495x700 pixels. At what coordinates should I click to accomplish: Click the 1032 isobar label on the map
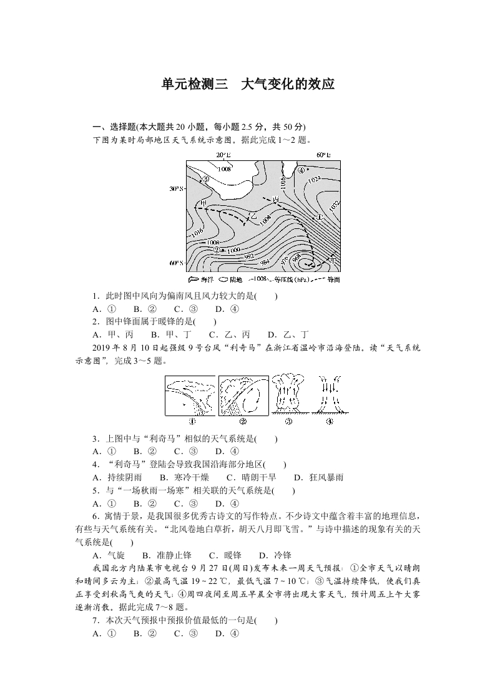(x=335, y=205)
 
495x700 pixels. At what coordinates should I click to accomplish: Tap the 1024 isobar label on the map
(x=314, y=179)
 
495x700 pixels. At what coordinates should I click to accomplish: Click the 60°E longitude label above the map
(x=323, y=155)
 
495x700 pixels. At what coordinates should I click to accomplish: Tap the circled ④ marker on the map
(x=301, y=170)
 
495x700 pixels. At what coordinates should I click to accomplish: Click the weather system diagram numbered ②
(x=243, y=395)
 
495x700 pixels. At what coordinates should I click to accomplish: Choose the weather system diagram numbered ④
(x=329, y=395)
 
